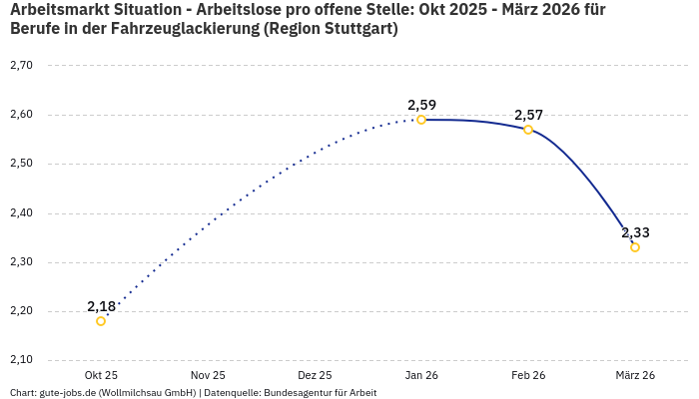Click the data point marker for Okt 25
pos(101,321)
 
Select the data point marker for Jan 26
pos(421,120)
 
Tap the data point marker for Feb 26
pos(528,130)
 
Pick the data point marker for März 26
pos(635,247)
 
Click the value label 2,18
pos(101,306)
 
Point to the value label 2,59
pos(421,105)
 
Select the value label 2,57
pos(528,115)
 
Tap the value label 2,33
pos(635,232)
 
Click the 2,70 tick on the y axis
pos(21,66)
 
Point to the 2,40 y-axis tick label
pos(21,213)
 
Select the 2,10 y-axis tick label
pos(21,360)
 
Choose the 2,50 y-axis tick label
pos(21,164)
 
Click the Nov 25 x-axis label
pos(208,376)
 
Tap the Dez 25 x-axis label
pos(315,376)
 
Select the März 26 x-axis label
pos(635,376)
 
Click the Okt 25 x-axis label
pos(101,376)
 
